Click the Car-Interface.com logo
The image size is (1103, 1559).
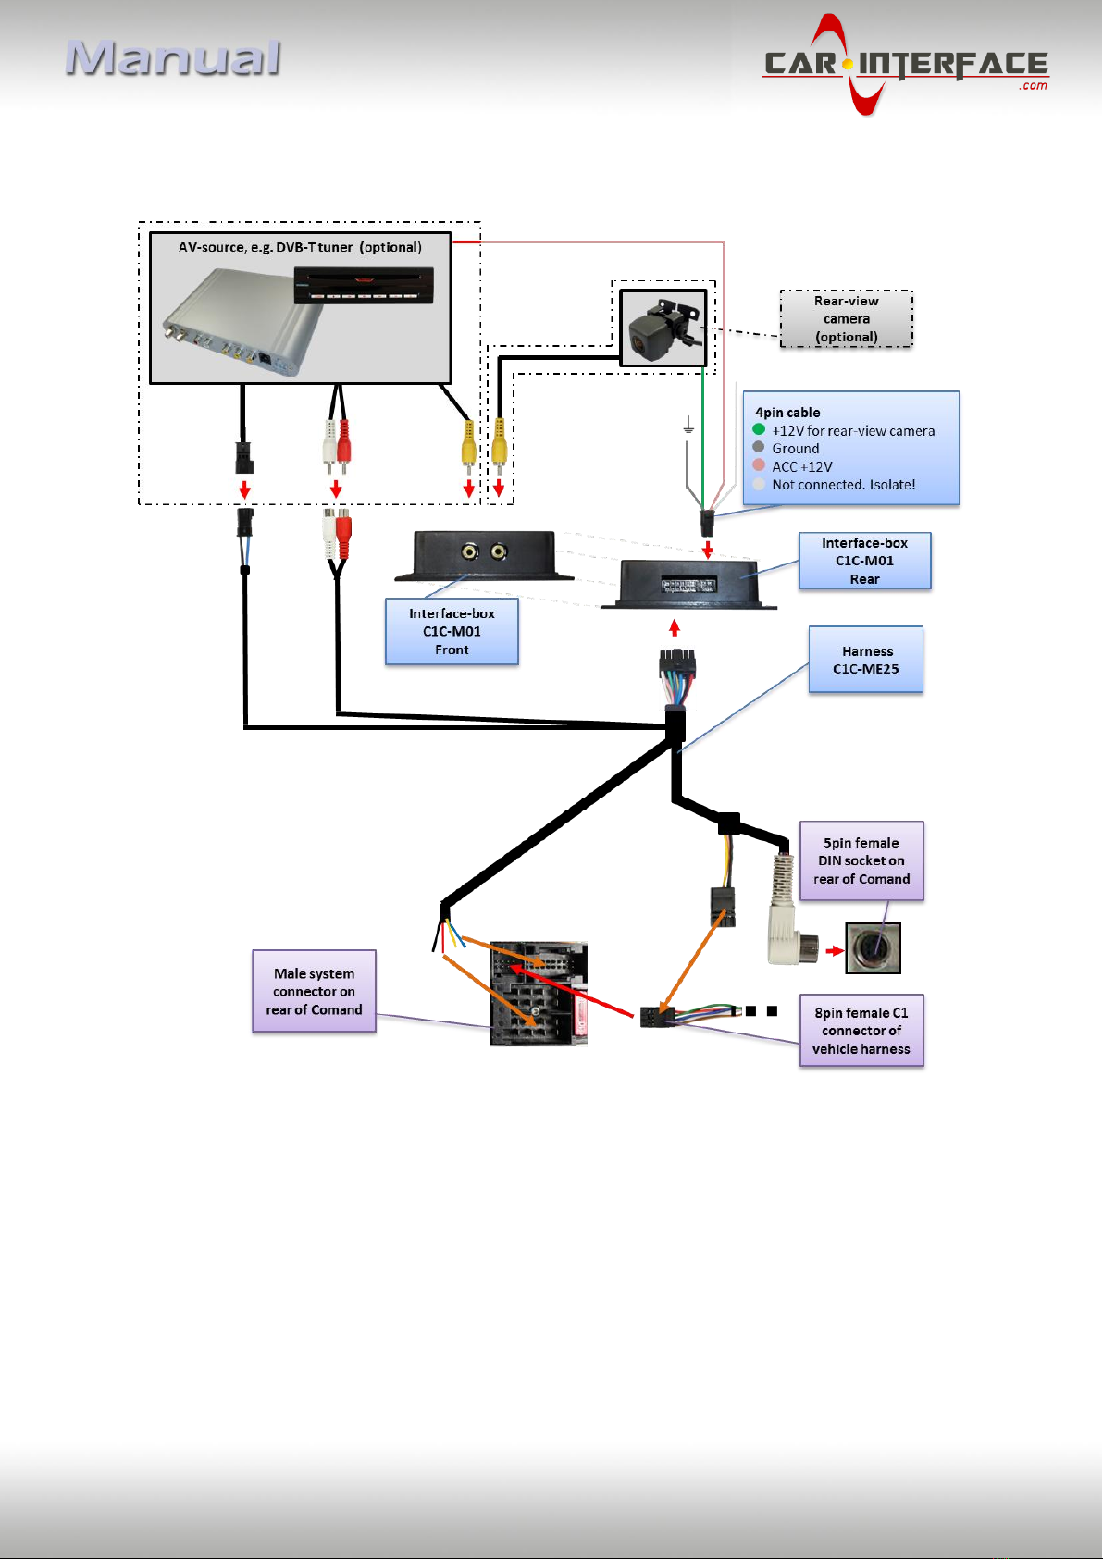coord(905,65)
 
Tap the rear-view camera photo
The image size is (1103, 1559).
coord(663,328)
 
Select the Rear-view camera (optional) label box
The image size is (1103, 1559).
coord(846,319)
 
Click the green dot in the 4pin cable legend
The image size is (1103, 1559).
coord(759,429)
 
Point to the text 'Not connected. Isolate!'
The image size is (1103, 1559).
coord(843,484)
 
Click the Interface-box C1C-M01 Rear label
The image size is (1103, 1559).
coord(864,561)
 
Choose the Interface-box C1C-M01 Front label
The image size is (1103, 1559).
coord(452,631)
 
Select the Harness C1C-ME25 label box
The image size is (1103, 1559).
coord(865,660)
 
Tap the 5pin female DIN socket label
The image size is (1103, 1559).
coord(861,860)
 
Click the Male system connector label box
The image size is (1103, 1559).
coord(314,991)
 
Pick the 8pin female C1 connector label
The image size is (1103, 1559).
coord(861,1031)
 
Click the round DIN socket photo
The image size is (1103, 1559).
coord(873,947)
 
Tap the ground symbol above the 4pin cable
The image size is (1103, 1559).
coord(688,426)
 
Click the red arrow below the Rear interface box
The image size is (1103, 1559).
coord(675,627)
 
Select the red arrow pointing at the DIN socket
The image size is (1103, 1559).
coord(835,950)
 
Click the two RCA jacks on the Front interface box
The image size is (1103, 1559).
coord(484,552)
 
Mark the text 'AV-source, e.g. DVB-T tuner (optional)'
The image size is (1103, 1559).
coord(300,247)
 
